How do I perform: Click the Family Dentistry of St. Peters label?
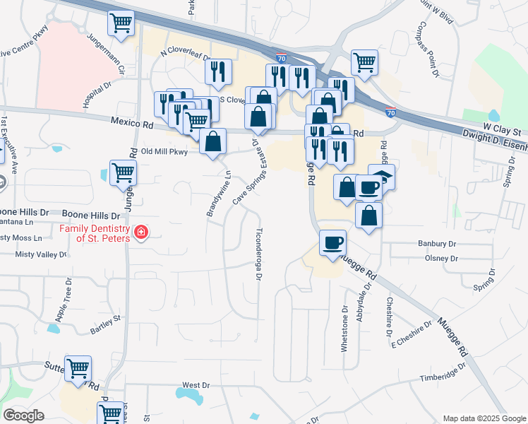tap(94, 233)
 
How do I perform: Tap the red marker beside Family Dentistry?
tap(141, 232)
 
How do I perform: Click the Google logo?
tap(23, 416)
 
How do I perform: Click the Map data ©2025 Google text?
tap(484, 418)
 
